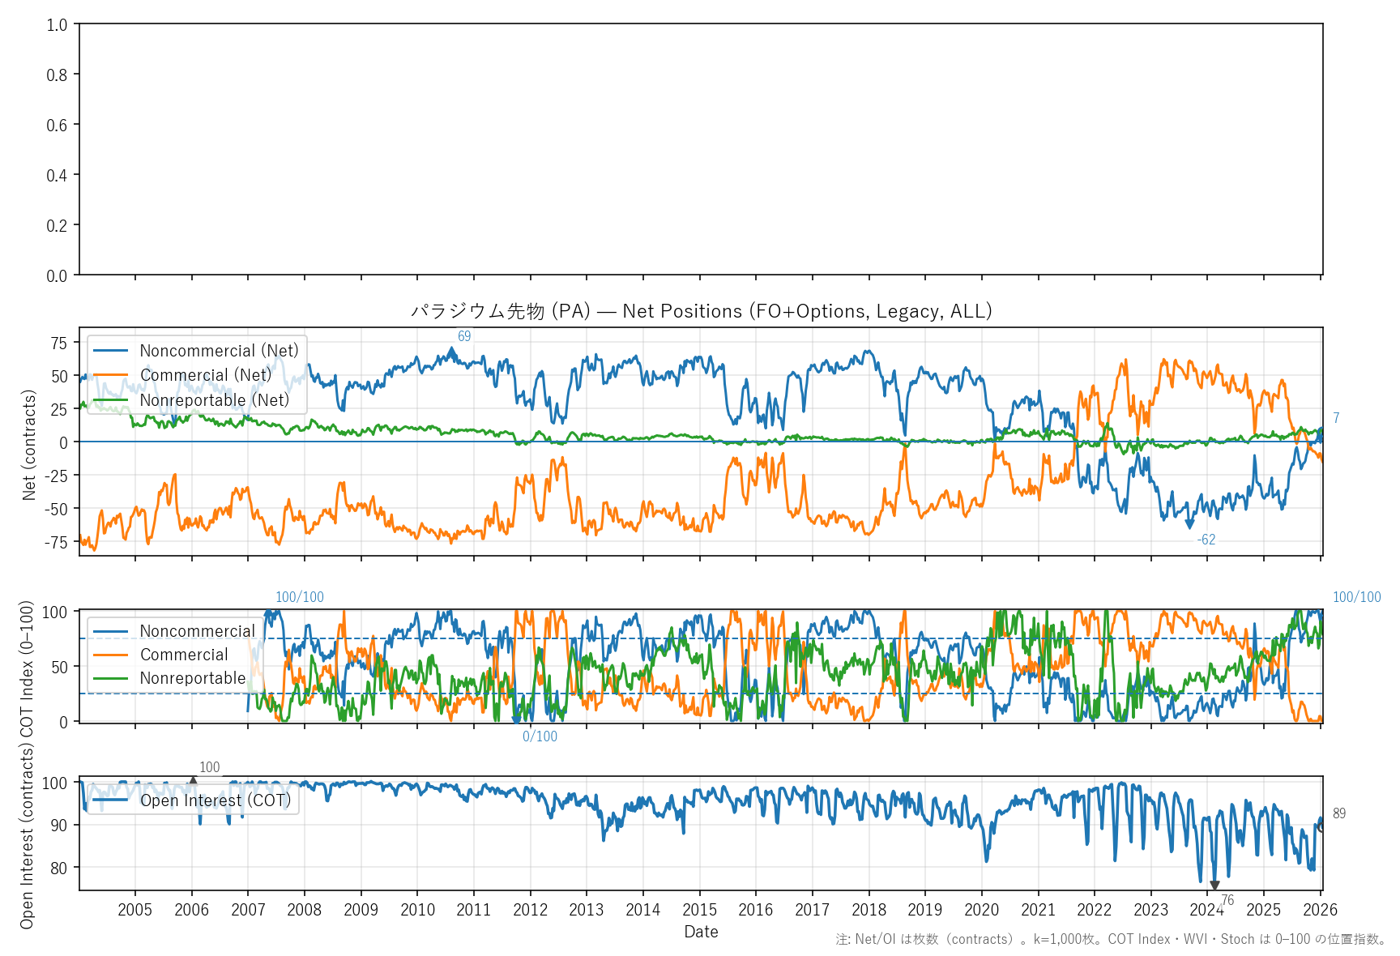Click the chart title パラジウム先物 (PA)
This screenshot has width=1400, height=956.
(701, 311)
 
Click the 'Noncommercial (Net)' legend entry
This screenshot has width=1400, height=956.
(219, 351)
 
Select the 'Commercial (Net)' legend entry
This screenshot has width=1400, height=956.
(205, 375)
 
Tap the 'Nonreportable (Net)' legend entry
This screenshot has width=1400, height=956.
(214, 400)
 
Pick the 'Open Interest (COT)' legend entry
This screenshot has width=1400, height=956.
(215, 800)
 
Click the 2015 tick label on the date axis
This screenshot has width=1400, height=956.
(699, 910)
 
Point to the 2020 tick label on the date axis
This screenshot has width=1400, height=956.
(981, 910)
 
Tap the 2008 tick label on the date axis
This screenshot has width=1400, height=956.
(304, 910)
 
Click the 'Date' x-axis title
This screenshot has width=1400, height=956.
(701, 932)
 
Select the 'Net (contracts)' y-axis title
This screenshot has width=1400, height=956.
(29, 445)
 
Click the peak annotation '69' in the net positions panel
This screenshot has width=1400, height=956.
(464, 336)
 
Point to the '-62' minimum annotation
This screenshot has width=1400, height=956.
(1206, 540)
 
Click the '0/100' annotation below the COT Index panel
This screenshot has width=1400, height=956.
(540, 736)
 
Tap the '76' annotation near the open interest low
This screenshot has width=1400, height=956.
(1227, 900)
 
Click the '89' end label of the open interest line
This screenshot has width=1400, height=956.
(1339, 813)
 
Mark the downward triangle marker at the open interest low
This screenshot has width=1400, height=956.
(1214, 886)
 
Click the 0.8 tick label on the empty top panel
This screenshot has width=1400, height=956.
(57, 75)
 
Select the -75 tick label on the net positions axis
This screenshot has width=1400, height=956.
(56, 542)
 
